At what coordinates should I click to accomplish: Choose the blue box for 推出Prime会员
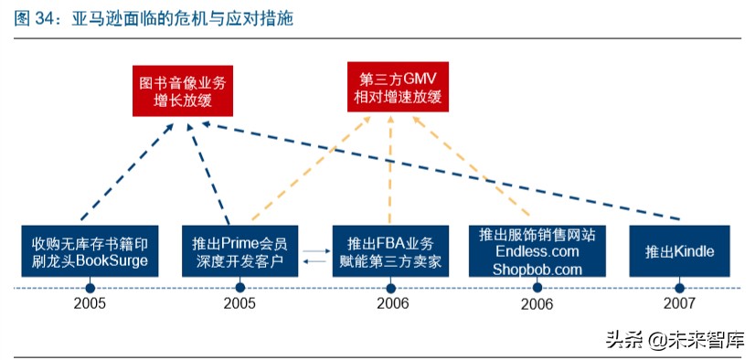239,251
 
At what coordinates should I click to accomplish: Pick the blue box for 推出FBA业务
390,251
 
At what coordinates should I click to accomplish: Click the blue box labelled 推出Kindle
679,251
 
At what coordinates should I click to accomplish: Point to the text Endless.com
537,251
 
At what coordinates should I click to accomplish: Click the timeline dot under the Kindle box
679,287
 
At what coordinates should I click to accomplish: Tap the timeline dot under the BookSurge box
90,287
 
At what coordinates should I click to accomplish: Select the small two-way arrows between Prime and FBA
315,256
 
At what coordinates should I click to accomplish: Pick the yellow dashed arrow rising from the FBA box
391,174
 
